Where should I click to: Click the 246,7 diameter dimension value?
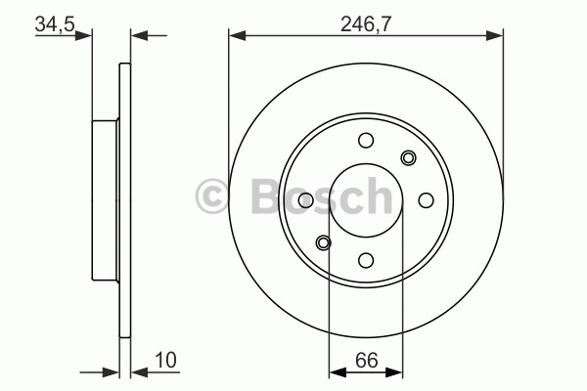tap(366, 24)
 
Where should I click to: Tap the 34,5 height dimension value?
tap(55, 23)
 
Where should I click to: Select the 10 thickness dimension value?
tap(165, 360)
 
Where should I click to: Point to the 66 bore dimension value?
tap(367, 360)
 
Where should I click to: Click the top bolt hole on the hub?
tap(366, 141)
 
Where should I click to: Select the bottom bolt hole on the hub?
tap(366, 260)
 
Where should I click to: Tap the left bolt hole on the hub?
tap(306, 200)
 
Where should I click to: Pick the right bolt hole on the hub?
tap(426, 200)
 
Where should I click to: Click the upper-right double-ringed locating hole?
tap(408, 157)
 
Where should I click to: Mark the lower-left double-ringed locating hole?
tap(324, 243)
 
